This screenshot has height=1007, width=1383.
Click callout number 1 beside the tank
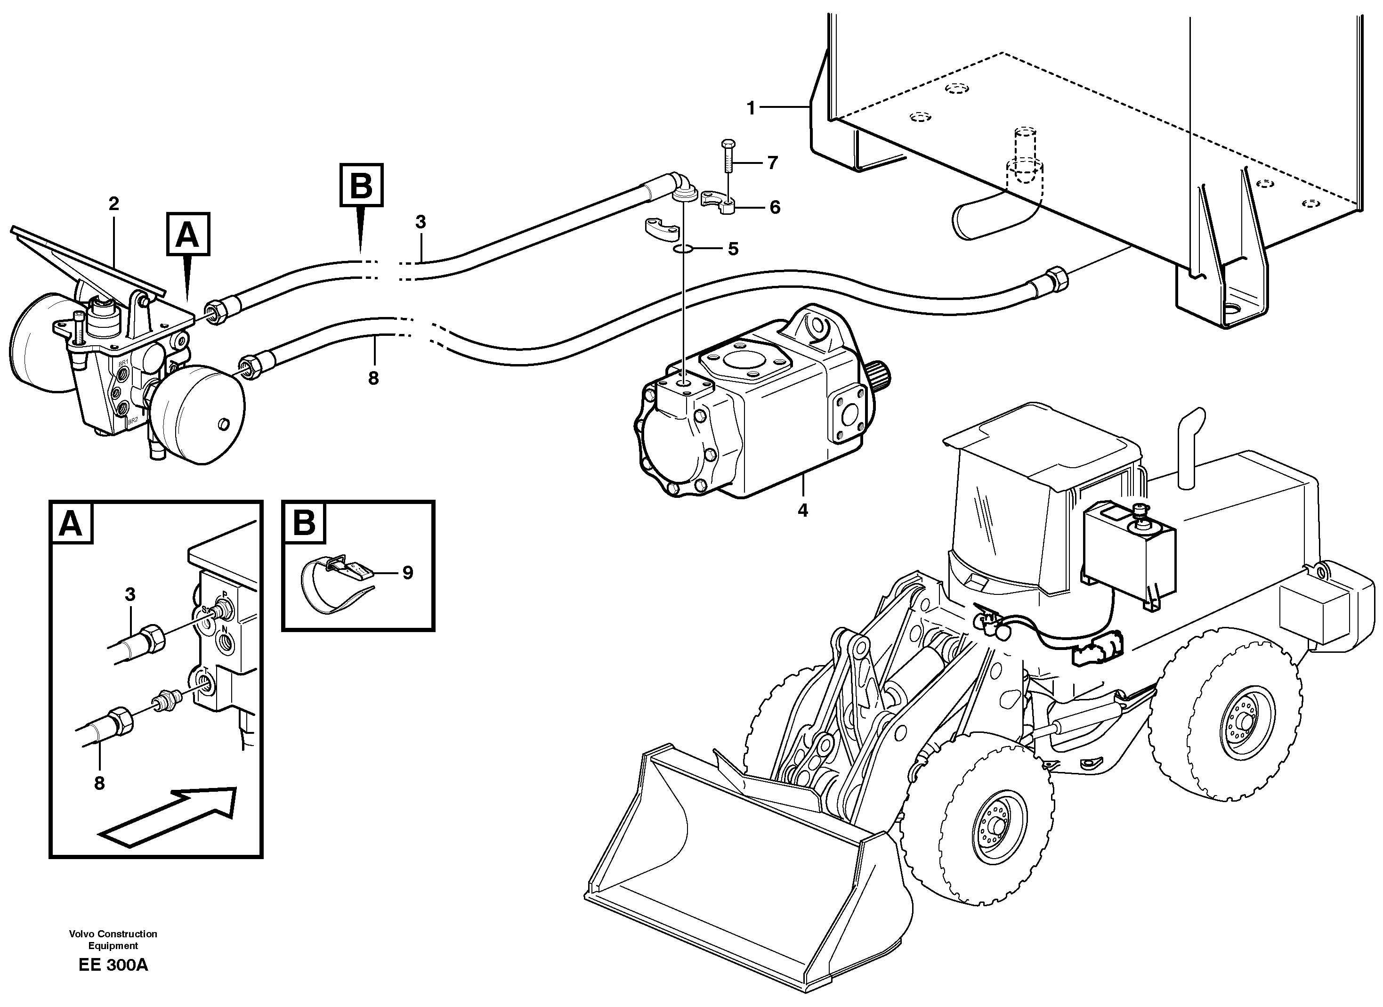tap(751, 109)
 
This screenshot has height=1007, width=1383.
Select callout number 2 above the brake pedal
tap(114, 204)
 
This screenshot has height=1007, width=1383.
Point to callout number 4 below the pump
tap(802, 511)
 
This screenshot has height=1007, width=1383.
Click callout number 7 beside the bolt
tap(773, 163)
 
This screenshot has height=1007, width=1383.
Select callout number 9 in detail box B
tap(407, 573)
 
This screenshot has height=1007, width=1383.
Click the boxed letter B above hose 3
tap(362, 185)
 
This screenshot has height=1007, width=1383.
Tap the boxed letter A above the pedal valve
tap(187, 234)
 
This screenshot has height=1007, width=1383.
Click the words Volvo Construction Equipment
tap(113, 939)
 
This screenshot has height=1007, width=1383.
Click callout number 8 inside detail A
tap(99, 783)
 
